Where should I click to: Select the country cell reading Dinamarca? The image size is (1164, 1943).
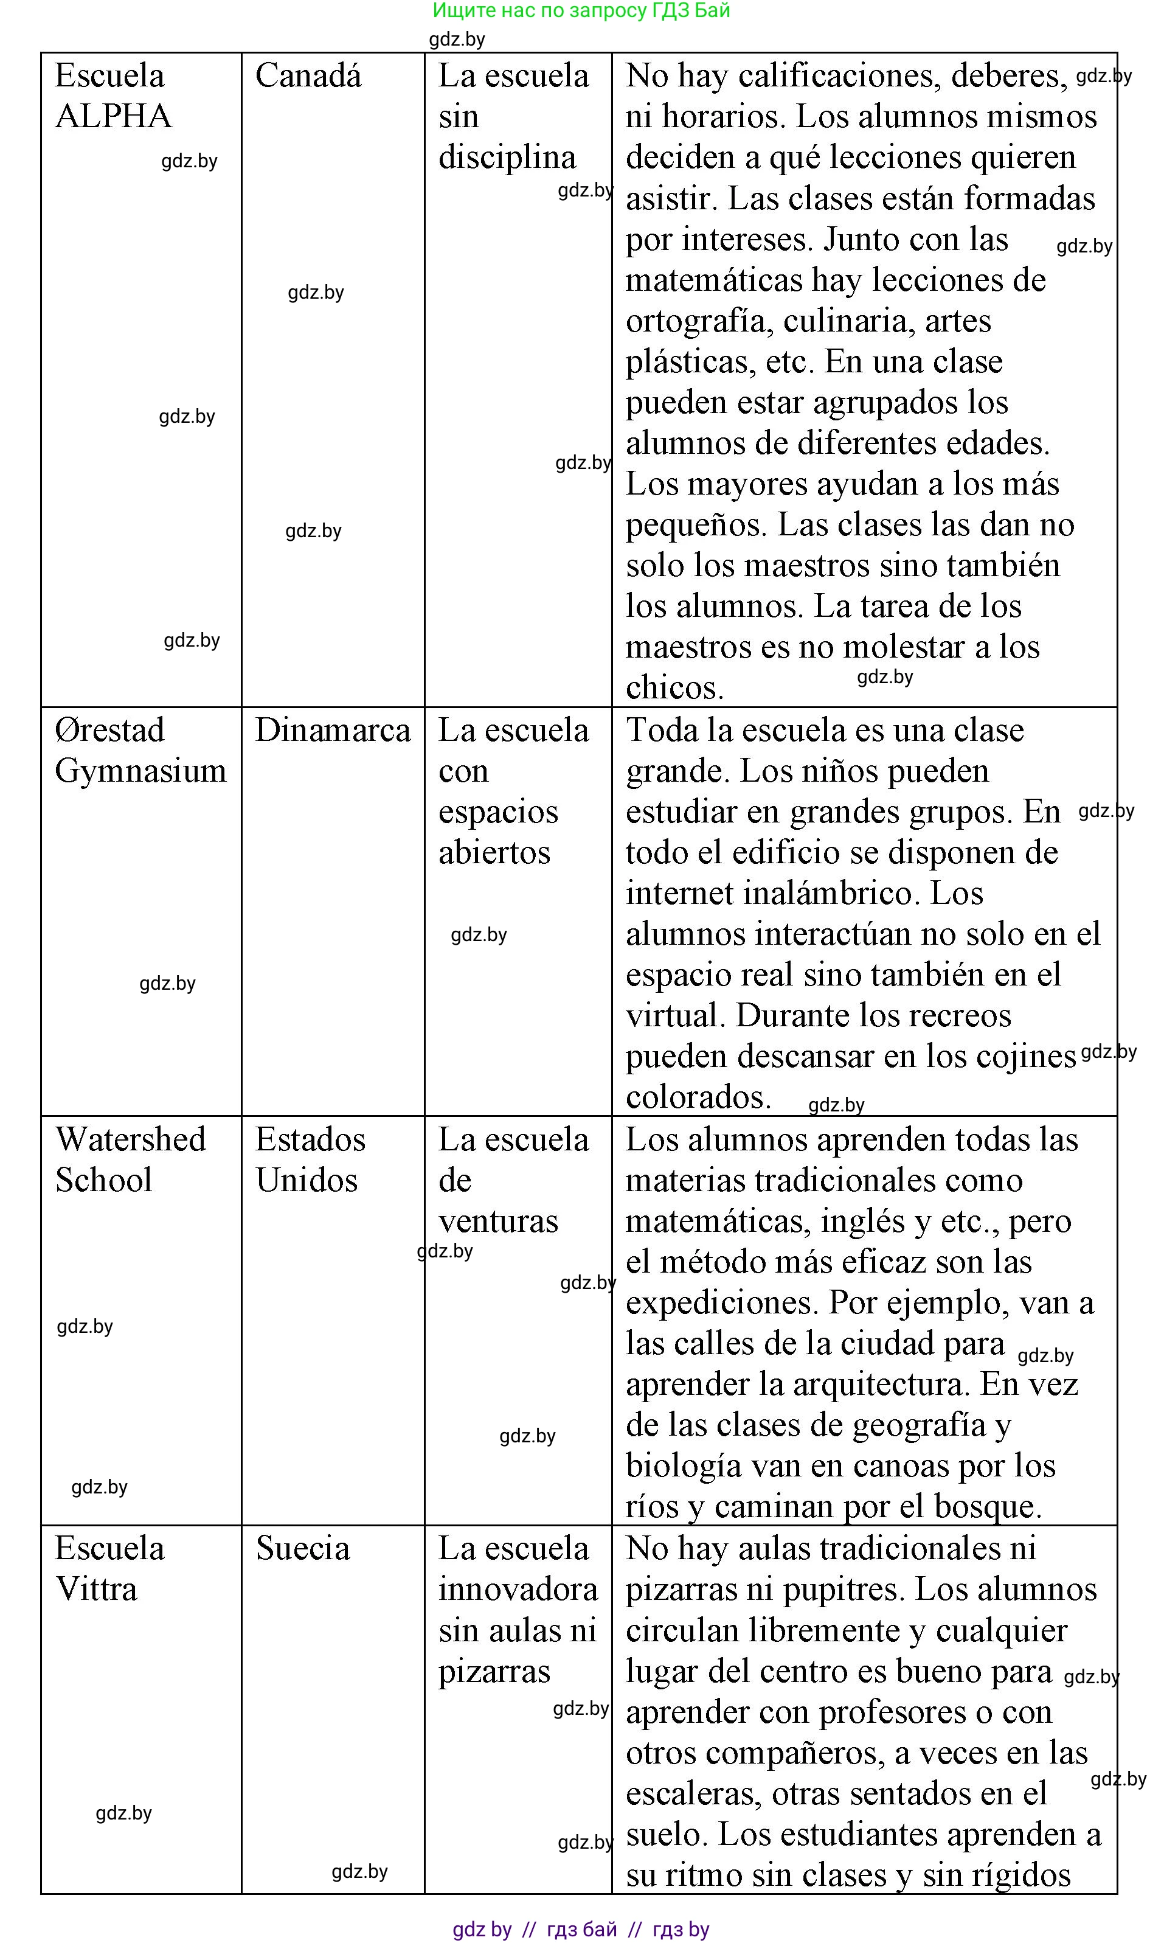click(x=333, y=730)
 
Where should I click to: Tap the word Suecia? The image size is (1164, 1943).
click(x=303, y=1548)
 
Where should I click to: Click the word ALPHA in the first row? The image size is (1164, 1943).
click(x=114, y=117)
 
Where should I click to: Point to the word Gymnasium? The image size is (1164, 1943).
click(x=140, y=771)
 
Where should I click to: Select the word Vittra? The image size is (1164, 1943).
click(x=97, y=1589)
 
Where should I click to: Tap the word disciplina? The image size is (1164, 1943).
click(x=507, y=158)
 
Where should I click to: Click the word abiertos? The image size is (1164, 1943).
click(x=494, y=853)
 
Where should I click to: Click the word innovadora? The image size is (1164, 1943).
click(x=518, y=1589)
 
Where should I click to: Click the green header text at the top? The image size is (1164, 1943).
click(x=581, y=10)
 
